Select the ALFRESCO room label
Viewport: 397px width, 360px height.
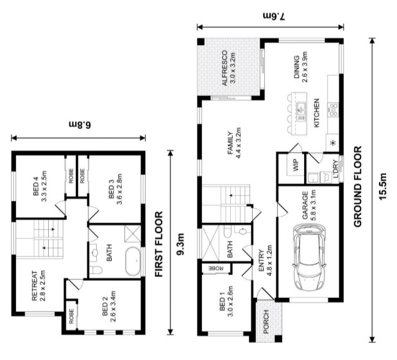pyautogui.click(x=225, y=69)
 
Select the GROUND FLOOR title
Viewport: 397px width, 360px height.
pyautogui.click(x=359, y=186)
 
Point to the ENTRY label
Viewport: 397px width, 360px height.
pyautogui.click(x=261, y=265)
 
